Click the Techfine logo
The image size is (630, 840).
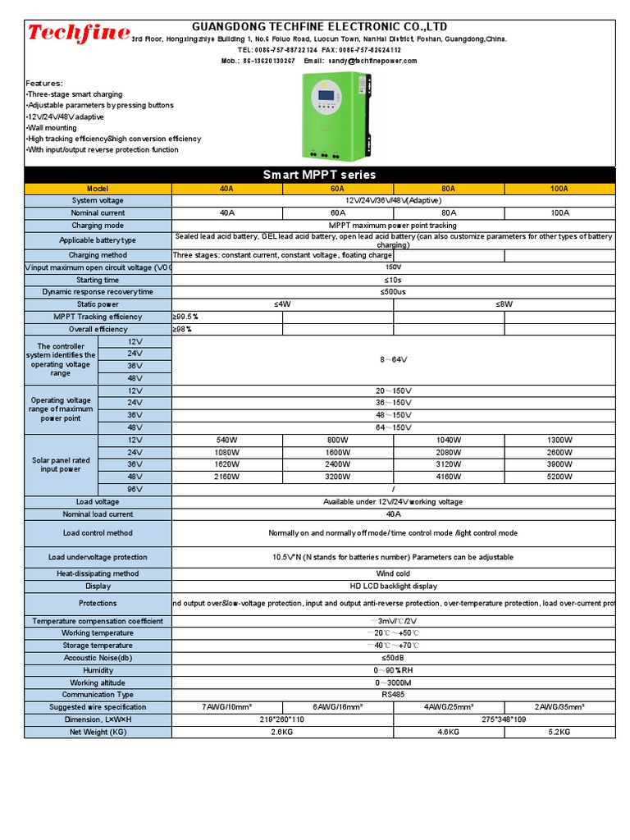(x=78, y=34)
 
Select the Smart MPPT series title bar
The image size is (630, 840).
(x=319, y=175)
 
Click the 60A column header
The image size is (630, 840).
(x=338, y=189)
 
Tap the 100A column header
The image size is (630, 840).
(x=559, y=189)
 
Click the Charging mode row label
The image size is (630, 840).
(x=98, y=226)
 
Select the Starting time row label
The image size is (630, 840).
(x=98, y=280)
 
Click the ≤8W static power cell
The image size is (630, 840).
(x=504, y=304)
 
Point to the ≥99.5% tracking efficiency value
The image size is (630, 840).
(x=185, y=317)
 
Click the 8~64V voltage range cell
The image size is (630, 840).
(x=393, y=359)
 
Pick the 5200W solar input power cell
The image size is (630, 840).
(x=559, y=477)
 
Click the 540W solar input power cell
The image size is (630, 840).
(x=227, y=441)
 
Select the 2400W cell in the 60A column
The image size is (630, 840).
(x=338, y=464)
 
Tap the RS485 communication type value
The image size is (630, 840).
(x=393, y=695)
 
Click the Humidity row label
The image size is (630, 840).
(x=98, y=670)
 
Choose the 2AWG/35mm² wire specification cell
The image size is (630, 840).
(x=559, y=707)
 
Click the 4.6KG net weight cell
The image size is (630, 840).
(x=449, y=732)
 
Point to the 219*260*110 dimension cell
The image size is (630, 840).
(x=282, y=719)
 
